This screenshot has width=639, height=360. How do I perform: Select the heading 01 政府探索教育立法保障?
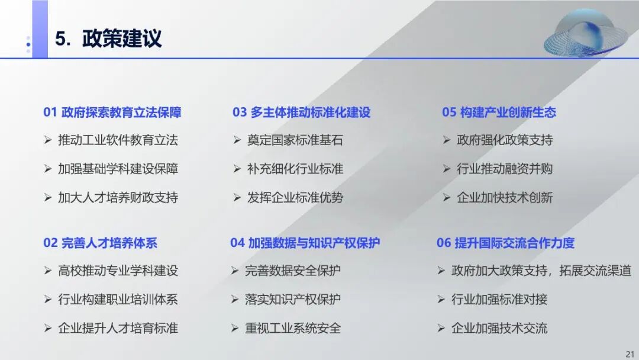[x=112, y=112]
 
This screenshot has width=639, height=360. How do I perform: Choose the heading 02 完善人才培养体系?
[x=100, y=243]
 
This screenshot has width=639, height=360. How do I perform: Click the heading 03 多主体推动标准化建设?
[x=301, y=112]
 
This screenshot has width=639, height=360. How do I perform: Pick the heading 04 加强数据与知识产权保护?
[x=305, y=243]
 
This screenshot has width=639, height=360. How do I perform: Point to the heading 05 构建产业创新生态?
[x=499, y=112]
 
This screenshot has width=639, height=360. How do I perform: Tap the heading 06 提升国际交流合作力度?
[x=505, y=243]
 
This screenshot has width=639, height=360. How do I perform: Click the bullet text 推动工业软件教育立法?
[x=118, y=140]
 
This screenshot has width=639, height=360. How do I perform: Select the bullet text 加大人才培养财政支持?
[x=118, y=197]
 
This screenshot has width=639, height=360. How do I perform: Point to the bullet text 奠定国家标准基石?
[x=295, y=140]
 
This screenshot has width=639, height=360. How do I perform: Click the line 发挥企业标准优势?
[x=295, y=197]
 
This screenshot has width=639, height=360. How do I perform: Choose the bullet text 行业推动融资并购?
[x=505, y=169]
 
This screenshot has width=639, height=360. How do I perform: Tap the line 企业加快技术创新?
[x=505, y=197]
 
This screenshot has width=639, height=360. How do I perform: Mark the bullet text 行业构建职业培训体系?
[x=118, y=300]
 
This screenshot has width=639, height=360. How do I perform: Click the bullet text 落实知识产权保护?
[x=293, y=300]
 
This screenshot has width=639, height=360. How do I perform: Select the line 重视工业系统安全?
[x=293, y=328]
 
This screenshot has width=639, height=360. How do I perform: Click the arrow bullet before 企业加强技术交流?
[x=441, y=328]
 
